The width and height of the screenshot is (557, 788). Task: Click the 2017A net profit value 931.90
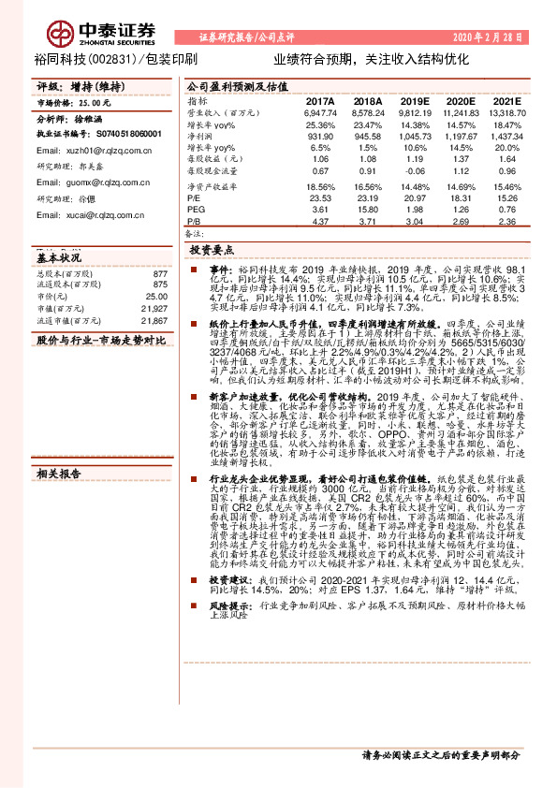point(319,136)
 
